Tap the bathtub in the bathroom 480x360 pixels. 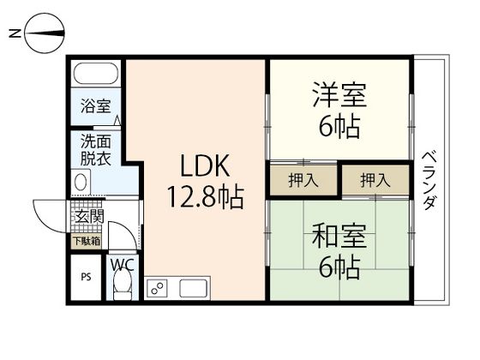pos(96,75)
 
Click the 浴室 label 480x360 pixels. pos(95,106)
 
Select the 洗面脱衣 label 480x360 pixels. pos(95,151)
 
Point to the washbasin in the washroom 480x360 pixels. pos(82,182)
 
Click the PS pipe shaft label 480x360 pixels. pos(86,278)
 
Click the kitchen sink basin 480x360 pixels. pos(194,289)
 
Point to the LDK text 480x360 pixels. pos(202,163)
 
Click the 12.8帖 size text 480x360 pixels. pos(206,199)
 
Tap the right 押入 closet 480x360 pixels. pos(374,180)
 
